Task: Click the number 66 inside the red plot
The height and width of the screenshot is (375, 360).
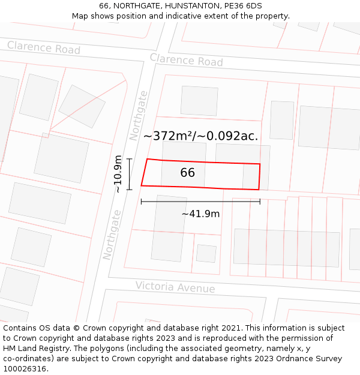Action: pos(187,173)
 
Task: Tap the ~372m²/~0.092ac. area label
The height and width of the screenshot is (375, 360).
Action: pos(200,136)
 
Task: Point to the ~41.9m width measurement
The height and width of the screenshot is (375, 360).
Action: pos(200,214)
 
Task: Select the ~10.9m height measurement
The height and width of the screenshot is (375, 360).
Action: pos(118,173)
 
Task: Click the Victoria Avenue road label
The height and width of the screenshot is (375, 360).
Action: pos(175,287)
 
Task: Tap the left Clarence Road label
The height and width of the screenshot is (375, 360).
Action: pos(43,47)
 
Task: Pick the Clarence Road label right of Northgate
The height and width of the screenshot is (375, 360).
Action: pos(186,60)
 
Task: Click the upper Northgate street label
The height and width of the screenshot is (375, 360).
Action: pos(139,115)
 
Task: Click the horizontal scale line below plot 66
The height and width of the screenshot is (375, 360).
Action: pos(200,202)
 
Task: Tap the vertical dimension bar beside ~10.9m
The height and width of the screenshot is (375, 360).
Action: pos(129,173)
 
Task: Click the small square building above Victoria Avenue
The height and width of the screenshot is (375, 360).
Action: pos(206,253)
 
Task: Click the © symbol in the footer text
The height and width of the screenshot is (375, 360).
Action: pos(76,328)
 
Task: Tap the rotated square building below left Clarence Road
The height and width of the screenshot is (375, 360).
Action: pos(82,106)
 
